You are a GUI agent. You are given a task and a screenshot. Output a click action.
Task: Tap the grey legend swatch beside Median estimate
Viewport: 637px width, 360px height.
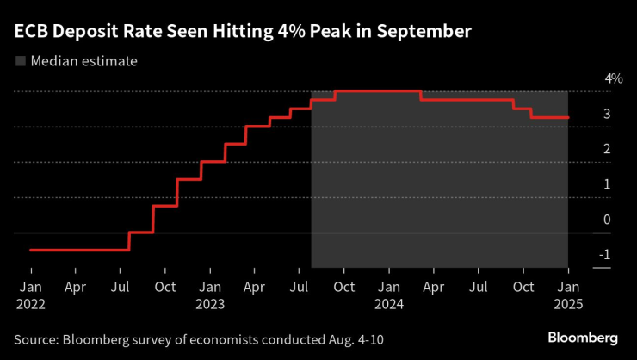tap(21, 61)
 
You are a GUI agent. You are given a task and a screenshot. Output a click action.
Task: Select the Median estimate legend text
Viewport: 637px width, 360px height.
tap(83, 61)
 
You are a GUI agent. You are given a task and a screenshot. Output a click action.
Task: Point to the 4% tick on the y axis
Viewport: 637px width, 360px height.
tap(614, 78)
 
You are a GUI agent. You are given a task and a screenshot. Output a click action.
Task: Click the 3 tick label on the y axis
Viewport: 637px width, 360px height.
tap(607, 114)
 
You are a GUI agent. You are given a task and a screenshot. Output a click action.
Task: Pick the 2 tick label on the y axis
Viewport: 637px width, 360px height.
tap(607, 149)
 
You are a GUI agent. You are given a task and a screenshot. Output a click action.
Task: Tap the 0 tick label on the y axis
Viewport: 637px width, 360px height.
tap(607, 220)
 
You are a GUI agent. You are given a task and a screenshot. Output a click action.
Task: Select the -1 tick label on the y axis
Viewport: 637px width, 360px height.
tap(605, 255)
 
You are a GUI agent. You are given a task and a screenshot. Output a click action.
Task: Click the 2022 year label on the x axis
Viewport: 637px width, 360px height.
tap(31, 303)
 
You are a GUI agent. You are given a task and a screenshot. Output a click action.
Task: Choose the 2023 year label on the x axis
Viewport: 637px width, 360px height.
tap(210, 303)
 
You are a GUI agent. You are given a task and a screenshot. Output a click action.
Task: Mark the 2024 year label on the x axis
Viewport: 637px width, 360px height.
tap(389, 303)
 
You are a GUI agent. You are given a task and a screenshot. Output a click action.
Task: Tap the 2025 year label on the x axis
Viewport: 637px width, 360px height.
tap(567, 303)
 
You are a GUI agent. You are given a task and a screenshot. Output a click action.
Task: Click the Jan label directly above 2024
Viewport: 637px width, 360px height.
tap(389, 286)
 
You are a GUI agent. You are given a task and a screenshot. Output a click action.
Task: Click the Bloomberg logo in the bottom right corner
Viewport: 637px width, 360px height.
tap(584, 336)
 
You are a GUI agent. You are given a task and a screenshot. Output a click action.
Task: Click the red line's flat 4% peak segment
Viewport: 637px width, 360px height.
tap(377, 90)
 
